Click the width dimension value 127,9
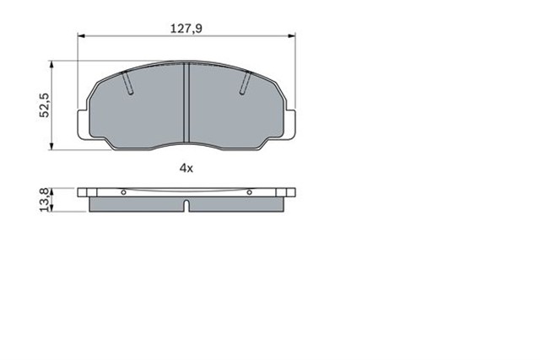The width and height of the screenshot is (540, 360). (186, 28)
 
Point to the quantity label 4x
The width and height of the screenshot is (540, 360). (186, 167)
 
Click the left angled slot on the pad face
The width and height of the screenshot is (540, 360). (128, 83)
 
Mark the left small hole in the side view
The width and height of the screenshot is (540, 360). (123, 192)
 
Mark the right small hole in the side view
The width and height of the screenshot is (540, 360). (250, 192)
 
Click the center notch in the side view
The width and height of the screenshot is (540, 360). (186, 205)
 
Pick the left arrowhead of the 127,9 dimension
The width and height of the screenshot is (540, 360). (81, 36)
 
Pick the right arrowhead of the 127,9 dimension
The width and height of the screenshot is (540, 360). (293, 36)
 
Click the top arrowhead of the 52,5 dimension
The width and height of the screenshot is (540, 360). (53, 64)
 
